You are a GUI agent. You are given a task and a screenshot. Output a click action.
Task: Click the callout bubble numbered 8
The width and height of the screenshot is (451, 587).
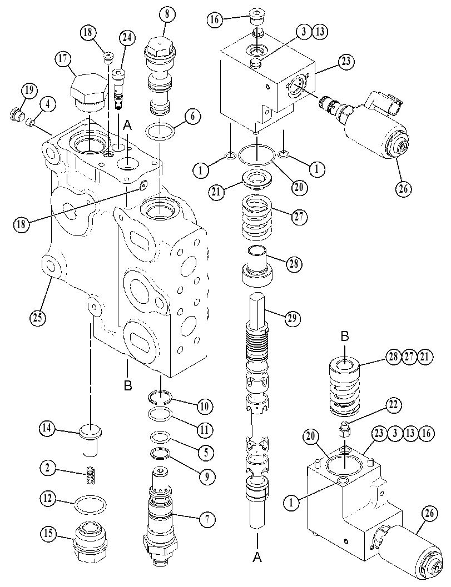167,15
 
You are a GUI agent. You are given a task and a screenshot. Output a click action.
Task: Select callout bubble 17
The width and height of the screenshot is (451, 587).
64,59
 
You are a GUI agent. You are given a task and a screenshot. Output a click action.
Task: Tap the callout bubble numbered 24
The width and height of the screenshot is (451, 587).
128,38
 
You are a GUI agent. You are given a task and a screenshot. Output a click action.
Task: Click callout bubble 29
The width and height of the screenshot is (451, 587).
293,318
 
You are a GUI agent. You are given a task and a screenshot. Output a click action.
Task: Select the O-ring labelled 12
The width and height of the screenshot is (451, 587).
90,505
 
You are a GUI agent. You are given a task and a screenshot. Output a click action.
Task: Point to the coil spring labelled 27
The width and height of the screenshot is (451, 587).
257,218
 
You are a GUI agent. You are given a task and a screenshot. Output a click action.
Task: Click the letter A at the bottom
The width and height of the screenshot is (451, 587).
257,558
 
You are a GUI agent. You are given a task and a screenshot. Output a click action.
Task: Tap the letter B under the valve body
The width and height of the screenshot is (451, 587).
128,385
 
